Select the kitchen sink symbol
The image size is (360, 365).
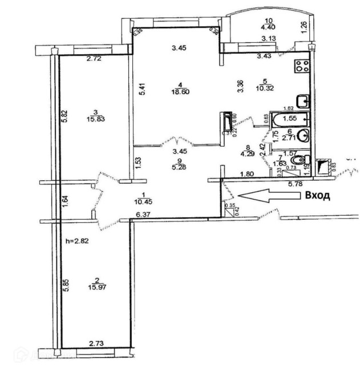tap(305, 101)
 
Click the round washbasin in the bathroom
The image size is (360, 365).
tap(303, 136)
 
